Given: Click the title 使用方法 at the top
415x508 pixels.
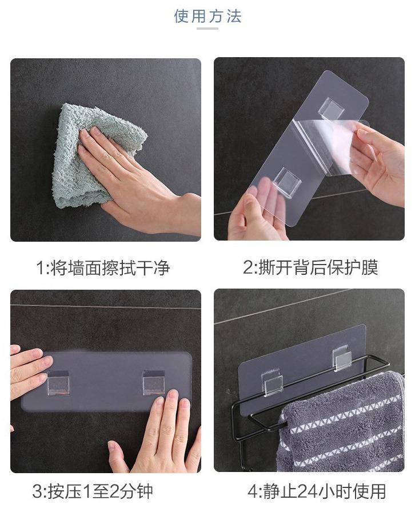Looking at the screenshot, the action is click(207, 16).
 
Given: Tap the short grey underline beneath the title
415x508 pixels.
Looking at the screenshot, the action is click(207, 29).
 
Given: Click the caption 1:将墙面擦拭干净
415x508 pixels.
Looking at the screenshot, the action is click(103, 267).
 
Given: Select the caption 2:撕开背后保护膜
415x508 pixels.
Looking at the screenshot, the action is click(311, 267).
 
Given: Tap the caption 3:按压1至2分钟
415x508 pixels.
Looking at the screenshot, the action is click(93, 491).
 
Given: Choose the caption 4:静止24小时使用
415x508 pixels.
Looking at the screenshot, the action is click(317, 491).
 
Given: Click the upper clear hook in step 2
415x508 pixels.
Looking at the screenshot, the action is click(331, 108).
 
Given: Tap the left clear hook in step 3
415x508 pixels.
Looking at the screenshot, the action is click(58, 383).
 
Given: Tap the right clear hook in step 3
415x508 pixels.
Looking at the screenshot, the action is click(154, 383).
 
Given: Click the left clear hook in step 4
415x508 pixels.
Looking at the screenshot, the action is click(272, 382).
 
